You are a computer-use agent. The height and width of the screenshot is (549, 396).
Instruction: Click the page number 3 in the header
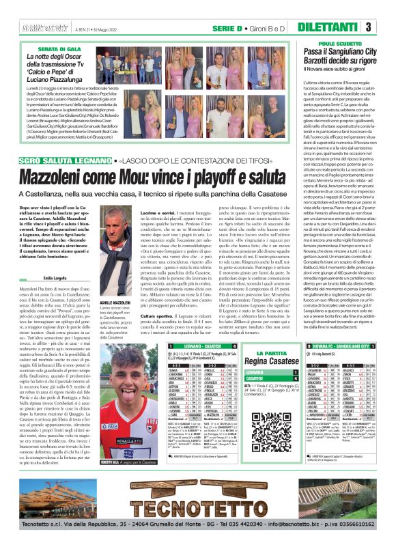[x=387, y=27]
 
